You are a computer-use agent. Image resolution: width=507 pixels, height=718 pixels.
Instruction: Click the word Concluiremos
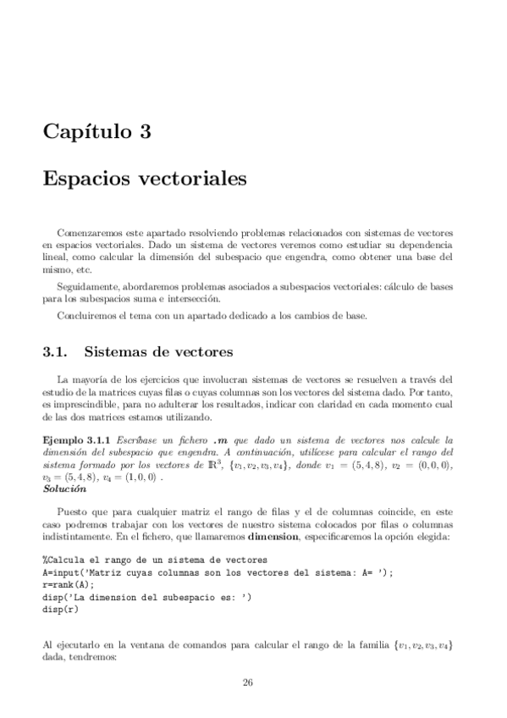[85, 316]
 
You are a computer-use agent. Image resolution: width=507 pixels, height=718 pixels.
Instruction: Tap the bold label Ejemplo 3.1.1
[76, 440]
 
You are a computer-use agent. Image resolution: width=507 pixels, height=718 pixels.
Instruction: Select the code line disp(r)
[60, 605]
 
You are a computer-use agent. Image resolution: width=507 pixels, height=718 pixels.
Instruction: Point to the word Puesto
[71, 511]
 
